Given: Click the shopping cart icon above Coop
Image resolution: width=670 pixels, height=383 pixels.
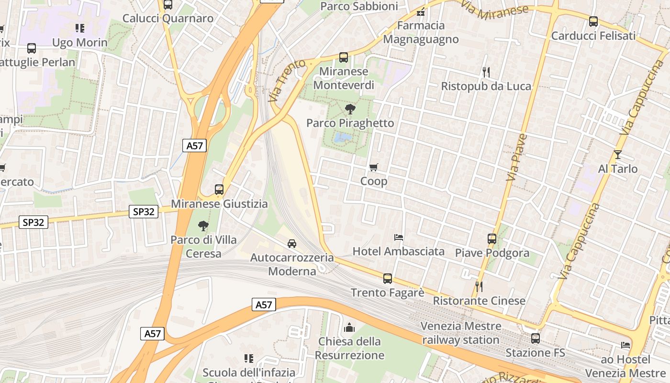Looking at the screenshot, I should pyautogui.click(x=374, y=167).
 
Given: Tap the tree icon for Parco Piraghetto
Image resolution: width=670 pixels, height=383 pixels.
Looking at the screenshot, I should pyautogui.click(x=350, y=109).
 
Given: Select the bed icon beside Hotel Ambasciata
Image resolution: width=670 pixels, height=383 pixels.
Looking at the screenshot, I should pyautogui.click(x=399, y=237).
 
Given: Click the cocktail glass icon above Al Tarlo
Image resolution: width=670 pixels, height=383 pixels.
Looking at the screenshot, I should pyautogui.click(x=618, y=154).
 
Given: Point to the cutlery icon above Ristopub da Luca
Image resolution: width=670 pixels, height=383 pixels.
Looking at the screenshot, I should pyautogui.click(x=486, y=72).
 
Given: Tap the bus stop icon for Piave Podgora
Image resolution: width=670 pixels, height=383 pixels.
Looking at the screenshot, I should pyautogui.click(x=491, y=238).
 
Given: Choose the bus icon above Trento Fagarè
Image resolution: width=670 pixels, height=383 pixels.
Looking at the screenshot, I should pyautogui.click(x=388, y=278).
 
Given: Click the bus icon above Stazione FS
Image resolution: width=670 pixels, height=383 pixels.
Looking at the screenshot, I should pyautogui.click(x=535, y=338).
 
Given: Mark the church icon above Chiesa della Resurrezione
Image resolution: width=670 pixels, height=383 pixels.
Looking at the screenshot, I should pyautogui.click(x=349, y=327).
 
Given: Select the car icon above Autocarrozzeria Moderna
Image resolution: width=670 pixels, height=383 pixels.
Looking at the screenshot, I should pyautogui.click(x=292, y=243).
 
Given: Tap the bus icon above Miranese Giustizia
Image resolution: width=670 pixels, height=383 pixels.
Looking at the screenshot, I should pyautogui.click(x=219, y=189).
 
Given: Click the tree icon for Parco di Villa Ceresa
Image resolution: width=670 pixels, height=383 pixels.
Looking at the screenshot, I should pyautogui.click(x=203, y=225).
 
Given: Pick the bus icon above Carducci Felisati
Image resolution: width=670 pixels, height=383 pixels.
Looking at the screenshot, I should pyautogui.click(x=593, y=22).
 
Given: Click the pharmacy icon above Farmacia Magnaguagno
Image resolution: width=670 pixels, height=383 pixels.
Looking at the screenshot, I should pyautogui.click(x=421, y=11).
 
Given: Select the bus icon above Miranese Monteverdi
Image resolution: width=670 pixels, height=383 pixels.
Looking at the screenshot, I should pyautogui.click(x=344, y=57).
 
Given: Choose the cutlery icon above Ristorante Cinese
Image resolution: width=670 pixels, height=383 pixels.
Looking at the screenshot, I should pyautogui.click(x=479, y=286).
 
